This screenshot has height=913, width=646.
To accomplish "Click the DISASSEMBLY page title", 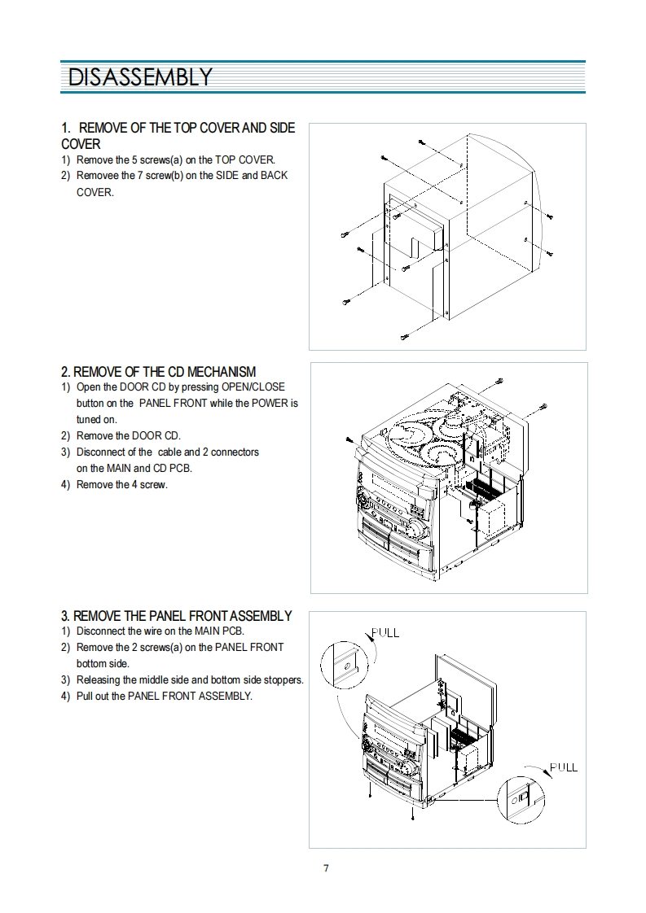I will click(140, 77).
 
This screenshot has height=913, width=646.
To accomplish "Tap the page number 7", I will click(326, 868).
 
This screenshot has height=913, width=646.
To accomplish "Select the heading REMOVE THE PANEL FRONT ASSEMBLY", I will click(176, 616).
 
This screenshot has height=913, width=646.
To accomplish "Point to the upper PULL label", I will click(385, 633).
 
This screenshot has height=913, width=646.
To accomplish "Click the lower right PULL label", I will click(564, 767).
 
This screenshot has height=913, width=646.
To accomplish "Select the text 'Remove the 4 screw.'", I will click(121, 484).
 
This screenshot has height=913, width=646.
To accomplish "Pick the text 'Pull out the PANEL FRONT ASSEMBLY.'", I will click(164, 696).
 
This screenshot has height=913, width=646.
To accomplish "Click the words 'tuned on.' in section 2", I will click(96, 419).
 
